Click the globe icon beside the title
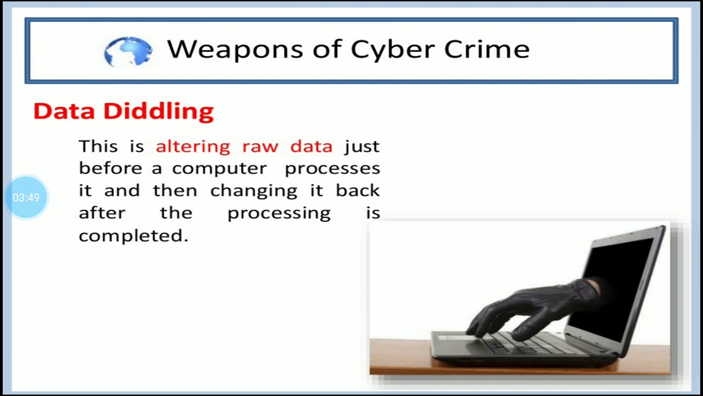point(129,51)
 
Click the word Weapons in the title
point(235,50)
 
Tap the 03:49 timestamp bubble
point(26,197)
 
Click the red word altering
point(193,146)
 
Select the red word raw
point(260,147)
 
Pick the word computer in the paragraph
point(219,169)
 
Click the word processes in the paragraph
point(332,169)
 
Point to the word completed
point(133,236)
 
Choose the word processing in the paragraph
point(279,213)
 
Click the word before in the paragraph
point(110,168)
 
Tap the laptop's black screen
point(621,280)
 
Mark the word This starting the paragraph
point(98,146)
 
